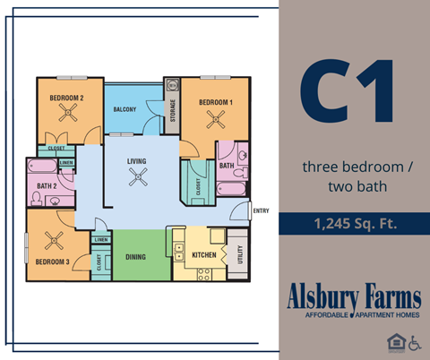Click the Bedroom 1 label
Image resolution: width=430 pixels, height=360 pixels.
pos(216,102)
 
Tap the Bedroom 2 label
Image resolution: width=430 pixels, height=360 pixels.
pos(65,98)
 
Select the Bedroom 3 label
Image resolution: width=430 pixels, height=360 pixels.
pos(51,261)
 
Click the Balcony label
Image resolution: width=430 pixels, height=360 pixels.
pos(125,109)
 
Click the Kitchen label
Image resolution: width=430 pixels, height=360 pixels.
pos(205,255)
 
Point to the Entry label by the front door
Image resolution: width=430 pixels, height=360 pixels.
pos(261,211)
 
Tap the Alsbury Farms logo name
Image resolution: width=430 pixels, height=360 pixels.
pos(353,296)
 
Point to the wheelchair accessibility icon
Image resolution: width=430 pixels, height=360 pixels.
pos(414,342)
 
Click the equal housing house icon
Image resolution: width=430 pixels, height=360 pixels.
pos(394,342)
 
